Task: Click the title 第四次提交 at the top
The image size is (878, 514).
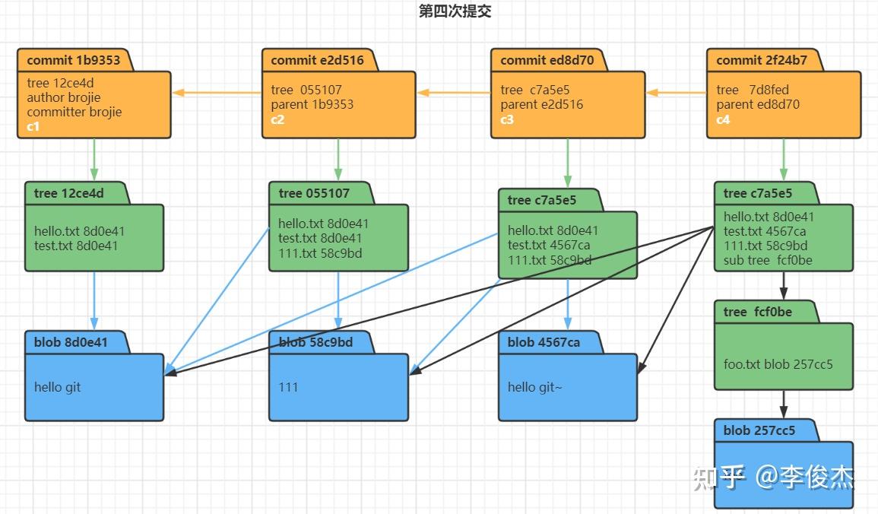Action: click(455, 11)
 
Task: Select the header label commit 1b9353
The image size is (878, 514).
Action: click(73, 60)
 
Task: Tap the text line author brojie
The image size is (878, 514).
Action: click(63, 97)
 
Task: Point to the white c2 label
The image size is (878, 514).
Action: click(277, 119)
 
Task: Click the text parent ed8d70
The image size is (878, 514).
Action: click(757, 104)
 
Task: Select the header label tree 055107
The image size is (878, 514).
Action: click(314, 193)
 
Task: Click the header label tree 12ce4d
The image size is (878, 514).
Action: click(69, 193)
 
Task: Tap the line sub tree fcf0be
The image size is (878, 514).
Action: click(768, 260)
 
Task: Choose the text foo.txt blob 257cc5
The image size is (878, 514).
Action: click(778, 363)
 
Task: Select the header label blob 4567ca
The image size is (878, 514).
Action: click(544, 342)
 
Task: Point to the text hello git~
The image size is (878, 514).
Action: click(534, 387)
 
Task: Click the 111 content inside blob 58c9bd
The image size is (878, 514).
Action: click(288, 387)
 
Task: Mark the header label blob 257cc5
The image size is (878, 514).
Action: click(759, 430)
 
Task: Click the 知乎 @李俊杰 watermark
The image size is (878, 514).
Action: click(773, 478)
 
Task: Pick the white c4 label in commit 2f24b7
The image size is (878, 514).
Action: click(723, 119)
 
